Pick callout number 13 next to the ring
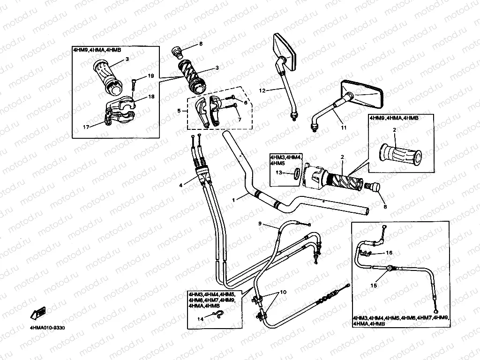click(279, 172)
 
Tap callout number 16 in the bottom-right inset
click(389, 253)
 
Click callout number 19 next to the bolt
click(150, 76)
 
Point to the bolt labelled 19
click(134, 84)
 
